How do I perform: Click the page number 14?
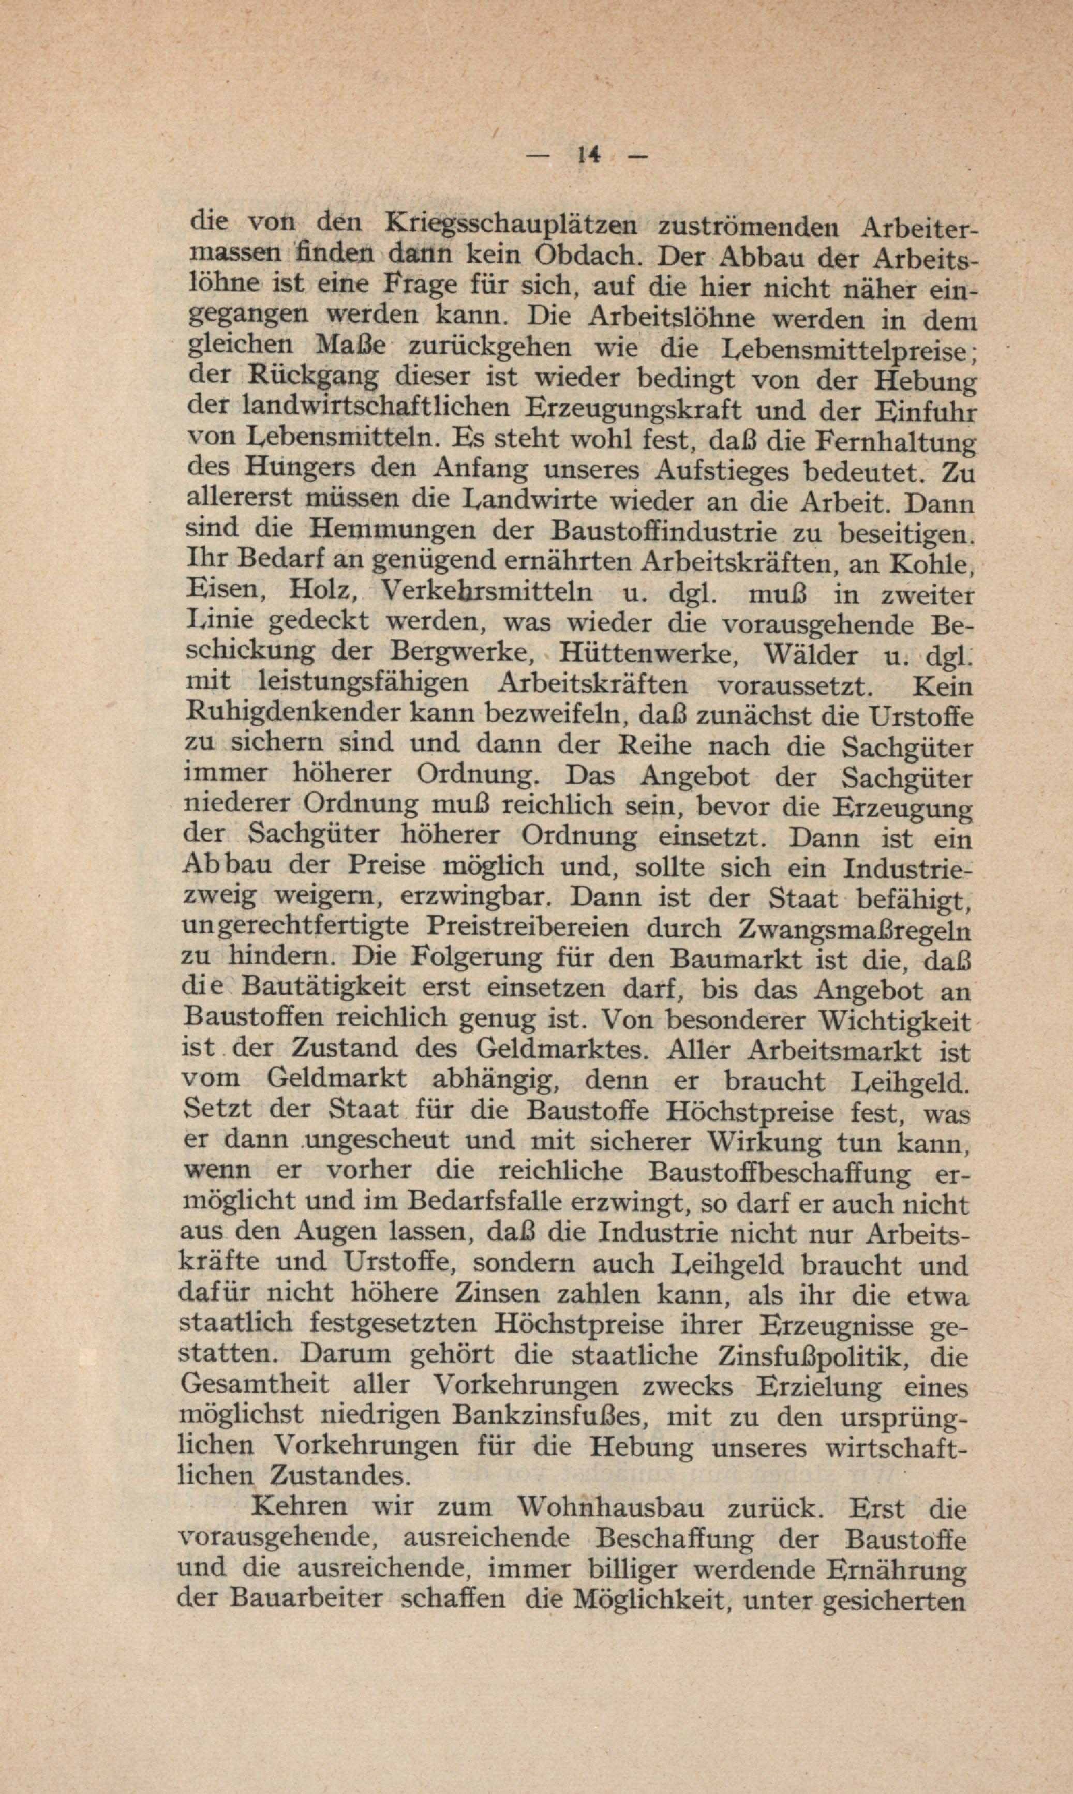pos(589,155)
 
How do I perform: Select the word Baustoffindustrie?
pos(663,531)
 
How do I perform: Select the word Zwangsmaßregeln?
pos(853,929)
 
